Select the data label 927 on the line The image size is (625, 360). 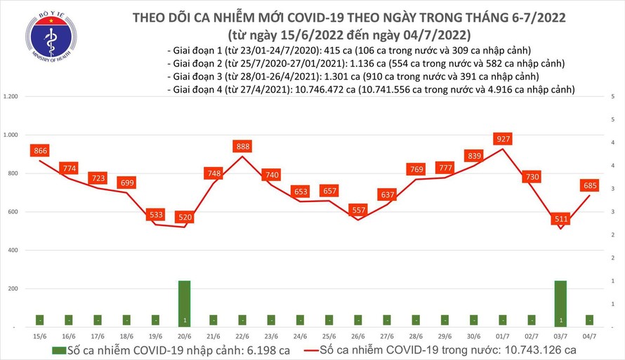click(x=501, y=139)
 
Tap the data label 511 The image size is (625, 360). click(x=560, y=220)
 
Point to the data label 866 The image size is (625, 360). click(x=40, y=151)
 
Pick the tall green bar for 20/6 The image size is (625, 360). click(x=185, y=303)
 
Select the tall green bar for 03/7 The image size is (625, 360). click(x=560, y=303)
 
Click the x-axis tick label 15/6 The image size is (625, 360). click(x=40, y=336)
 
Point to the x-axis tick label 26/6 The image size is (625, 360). click(x=358, y=336)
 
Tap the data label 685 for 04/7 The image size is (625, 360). click(x=589, y=186)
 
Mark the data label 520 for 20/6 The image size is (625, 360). click(x=185, y=218)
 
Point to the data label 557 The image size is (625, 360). click(x=358, y=211)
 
